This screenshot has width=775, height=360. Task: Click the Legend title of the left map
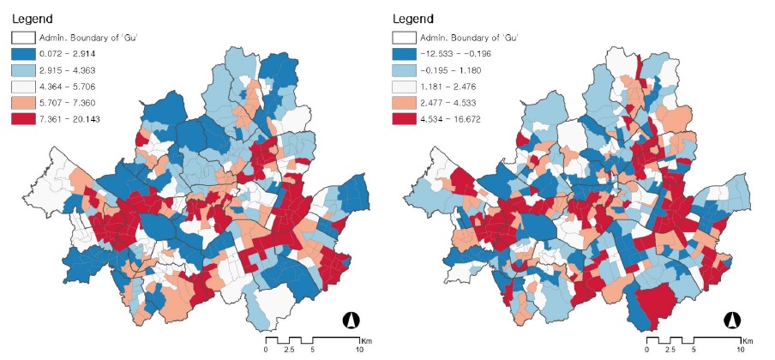click(x=32, y=18)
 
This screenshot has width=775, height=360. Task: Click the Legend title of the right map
click(x=412, y=18)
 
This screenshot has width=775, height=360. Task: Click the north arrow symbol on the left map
click(x=351, y=321)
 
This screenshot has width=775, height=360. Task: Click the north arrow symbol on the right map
click(x=732, y=321)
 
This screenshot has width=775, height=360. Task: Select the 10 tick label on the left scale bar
click(x=358, y=351)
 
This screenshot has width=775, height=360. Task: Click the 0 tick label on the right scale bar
click(x=647, y=351)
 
